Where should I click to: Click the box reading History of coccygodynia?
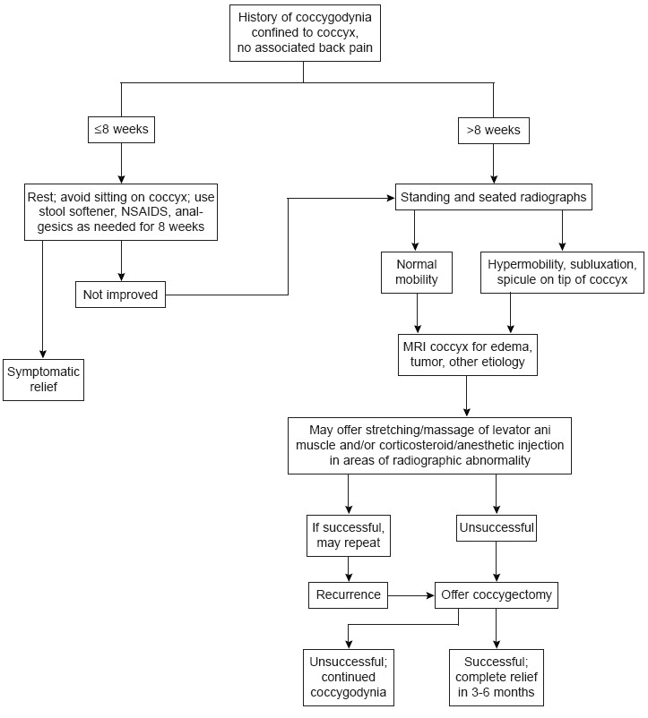click(x=304, y=33)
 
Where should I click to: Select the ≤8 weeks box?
click(x=121, y=130)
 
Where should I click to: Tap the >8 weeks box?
click(x=493, y=130)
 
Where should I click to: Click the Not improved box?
click(x=120, y=294)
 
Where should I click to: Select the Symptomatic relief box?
click(x=44, y=380)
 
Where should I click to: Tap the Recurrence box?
click(x=347, y=594)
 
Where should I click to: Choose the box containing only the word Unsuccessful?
click(x=496, y=527)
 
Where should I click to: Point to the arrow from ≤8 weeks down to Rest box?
click(x=121, y=164)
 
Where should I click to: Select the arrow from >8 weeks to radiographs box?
click(x=493, y=164)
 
